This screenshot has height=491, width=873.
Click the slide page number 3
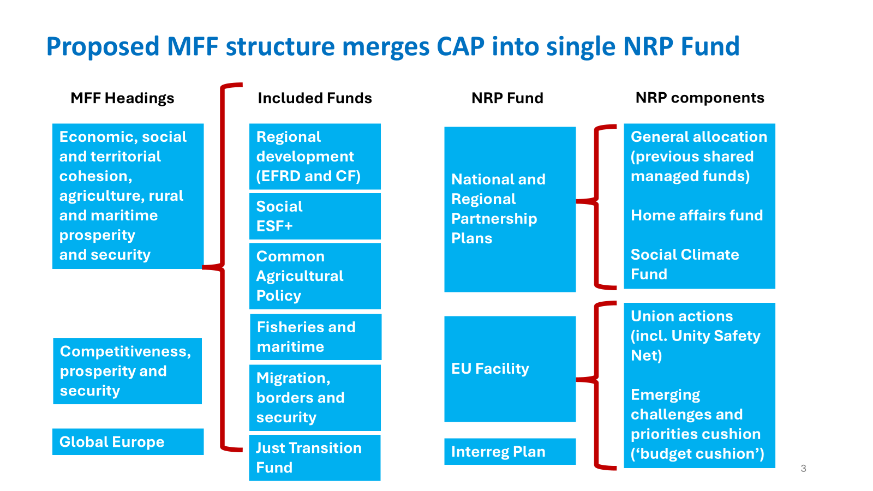pyautogui.click(x=803, y=468)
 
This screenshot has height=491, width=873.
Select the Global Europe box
pyautogui.click(x=128, y=442)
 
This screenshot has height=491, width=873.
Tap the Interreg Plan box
pyautogui.click(x=510, y=452)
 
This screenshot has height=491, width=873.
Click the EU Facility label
pyautogui.click(x=490, y=369)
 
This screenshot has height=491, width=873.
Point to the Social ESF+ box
pyautogui.click(x=315, y=216)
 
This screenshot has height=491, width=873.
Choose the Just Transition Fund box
pyautogui.click(x=315, y=458)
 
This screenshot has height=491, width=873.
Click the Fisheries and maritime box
pyautogui.click(x=315, y=337)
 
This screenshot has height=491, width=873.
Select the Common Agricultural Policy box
pyautogui.click(x=315, y=276)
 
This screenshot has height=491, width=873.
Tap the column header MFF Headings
pyautogui.click(x=122, y=98)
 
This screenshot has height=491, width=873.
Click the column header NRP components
pyautogui.click(x=699, y=98)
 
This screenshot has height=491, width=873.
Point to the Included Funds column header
pyautogui.click(x=315, y=98)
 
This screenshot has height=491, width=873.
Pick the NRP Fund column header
pyautogui.click(x=507, y=98)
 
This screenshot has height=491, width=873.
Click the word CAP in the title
pyautogui.click(x=460, y=46)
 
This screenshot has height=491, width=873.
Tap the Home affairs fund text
pyautogui.click(x=697, y=215)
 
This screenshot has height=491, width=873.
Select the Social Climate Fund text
pyautogui.click(x=685, y=264)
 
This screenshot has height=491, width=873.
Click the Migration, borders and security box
pyautogui.click(x=315, y=398)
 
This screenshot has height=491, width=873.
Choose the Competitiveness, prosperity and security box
pyautogui.click(x=128, y=371)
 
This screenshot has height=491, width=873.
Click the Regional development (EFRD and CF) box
pyautogui.click(x=315, y=157)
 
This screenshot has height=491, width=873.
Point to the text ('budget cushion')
pyautogui.click(x=697, y=454)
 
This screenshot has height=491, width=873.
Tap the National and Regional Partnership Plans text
pyautogui.click(x=498, y=209)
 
